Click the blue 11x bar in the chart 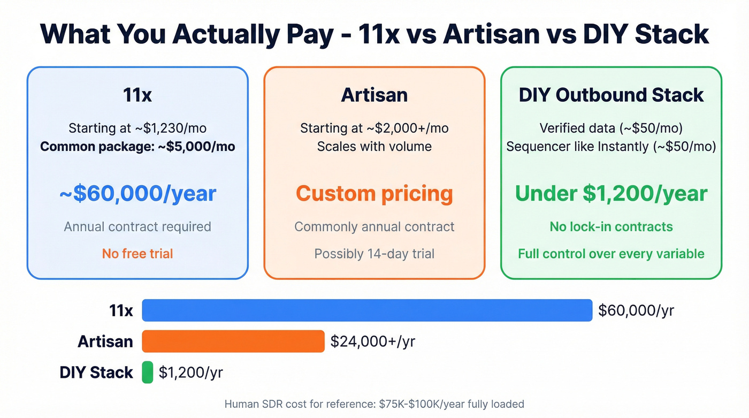(x=366, y=310)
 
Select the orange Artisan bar (x=233, y=341)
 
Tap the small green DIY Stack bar (x=147, y=373)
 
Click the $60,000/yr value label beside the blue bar (x=636, y=310)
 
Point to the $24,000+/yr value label (x=372, y=341)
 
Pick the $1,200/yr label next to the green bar (x=190, y=373)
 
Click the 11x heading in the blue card (x=137, y=95)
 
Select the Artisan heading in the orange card (x=374, y=95)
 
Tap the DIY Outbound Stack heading (x=611, y=95)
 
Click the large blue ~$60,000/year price (x=137, y=193)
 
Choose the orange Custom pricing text (x=374, y=193)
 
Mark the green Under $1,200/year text (x=611, y=193)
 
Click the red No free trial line (x=137, y=253)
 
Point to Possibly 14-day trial (x=374, y=253)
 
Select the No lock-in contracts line (x=611, y=226)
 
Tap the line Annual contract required (x=137, y=226)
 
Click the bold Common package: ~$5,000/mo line (x=137, y=146)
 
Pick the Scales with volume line (x=374, y=146)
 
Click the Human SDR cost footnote (x=374, y=404)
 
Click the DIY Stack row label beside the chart (x=96, y=373)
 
